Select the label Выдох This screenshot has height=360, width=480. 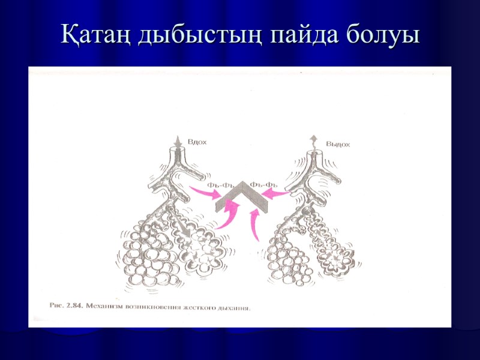pos(338,144)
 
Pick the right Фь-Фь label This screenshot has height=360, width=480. pos(263,184)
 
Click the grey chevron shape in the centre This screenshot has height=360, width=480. pos(241,197)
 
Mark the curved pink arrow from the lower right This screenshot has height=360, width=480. pos(255,222)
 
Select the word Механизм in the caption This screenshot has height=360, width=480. pos(106,306)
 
